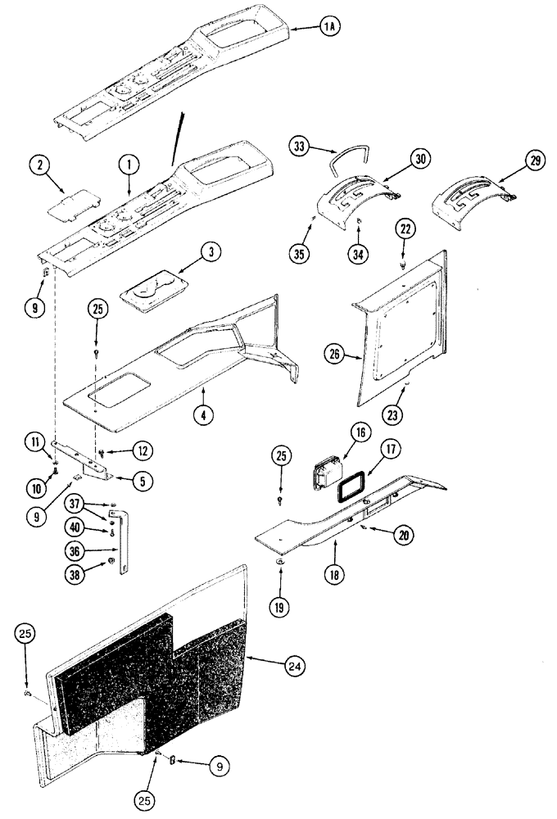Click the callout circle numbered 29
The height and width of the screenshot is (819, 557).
coord(535,161)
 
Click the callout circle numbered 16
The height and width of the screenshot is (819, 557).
coord(359,432)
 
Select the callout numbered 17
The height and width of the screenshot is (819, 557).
coord(389,448)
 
